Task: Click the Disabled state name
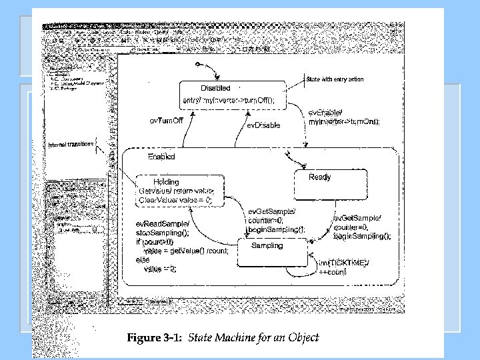tap(215, 88)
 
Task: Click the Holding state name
tap(166, 181)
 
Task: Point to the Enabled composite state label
tap(161, 157)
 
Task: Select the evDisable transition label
tap(264, 125)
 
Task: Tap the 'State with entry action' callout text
tap(335, 79)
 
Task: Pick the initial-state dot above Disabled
tap(198, 64)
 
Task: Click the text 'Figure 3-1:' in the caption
tap(155, 337)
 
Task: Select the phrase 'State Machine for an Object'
tap(254, 337)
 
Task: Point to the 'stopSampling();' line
tap(163, 233)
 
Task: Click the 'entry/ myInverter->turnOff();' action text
tap(229, 100)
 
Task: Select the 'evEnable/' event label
tap(325, 113)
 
